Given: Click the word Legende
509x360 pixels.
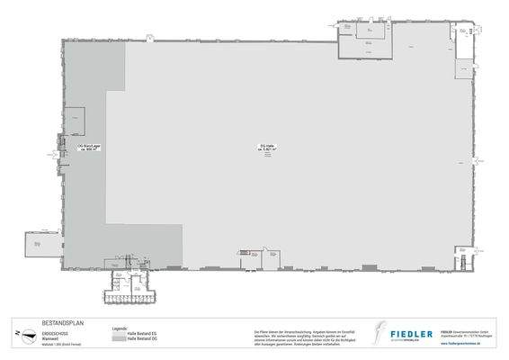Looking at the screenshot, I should coord(119,328).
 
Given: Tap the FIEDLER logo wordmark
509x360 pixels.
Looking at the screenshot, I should coord(415,334).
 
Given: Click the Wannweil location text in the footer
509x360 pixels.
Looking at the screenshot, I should coord(50,335).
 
